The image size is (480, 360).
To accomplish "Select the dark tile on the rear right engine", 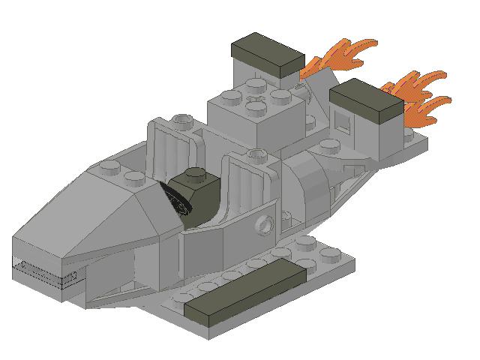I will click(365, 101).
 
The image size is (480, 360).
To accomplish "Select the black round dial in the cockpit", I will click(174, 201).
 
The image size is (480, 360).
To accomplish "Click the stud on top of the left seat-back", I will click(181, 120).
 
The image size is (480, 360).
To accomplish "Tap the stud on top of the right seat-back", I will click(258, 156).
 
